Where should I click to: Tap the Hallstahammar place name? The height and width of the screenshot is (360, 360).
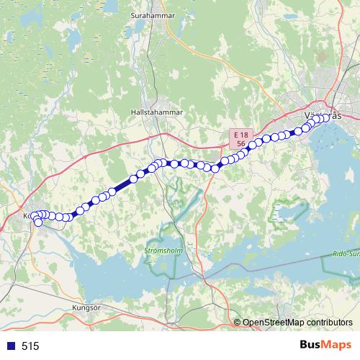(x=158, y=112)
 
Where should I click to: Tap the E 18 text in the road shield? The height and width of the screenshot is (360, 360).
(x=241, y=135)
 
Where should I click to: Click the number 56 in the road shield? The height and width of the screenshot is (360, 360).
(x=241, y=144)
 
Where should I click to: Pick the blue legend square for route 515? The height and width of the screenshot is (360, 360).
(x=11, y=346)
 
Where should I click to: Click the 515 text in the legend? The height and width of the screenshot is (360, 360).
(x=30, y=346)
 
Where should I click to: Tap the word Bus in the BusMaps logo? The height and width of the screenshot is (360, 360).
(x=311, y=345)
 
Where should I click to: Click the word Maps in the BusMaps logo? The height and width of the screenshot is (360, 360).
(x=337, y=345)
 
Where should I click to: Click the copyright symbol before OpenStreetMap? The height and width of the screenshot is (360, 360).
(x=238, y=323)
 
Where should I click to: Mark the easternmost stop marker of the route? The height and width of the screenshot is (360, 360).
(x=333, y=117)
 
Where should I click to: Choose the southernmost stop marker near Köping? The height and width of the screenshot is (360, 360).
(x=38, y=222)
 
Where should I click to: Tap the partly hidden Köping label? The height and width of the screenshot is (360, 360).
(x=27, y=215)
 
